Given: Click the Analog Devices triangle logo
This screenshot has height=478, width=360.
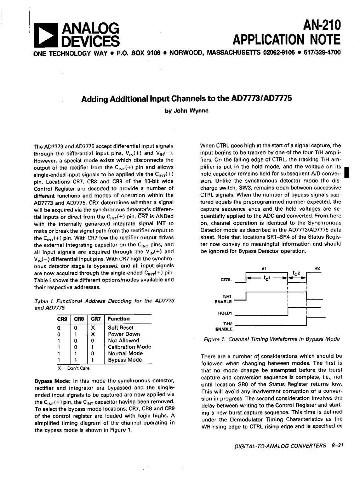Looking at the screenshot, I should (45, 35).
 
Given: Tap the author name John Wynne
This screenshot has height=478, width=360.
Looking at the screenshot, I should (187, 110).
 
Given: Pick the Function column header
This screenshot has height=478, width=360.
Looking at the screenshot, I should (119, 319).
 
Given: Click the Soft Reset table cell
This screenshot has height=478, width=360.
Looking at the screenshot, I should (121, 328).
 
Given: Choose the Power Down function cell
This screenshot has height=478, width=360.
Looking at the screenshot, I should (124, 334).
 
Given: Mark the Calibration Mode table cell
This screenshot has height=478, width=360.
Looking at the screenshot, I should (129, 347).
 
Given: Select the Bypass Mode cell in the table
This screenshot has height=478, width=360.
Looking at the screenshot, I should (125, 360).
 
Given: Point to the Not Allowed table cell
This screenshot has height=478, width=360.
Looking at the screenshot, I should (124, 340).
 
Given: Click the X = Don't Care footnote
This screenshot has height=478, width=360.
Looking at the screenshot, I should (73, 368).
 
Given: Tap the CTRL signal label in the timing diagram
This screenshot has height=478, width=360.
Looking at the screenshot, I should (226, 280).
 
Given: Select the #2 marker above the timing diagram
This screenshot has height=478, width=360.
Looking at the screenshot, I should (317, 268).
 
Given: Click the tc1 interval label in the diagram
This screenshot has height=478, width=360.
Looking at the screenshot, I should (267, 278).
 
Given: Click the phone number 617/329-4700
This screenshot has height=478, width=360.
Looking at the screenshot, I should (322, 53).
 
